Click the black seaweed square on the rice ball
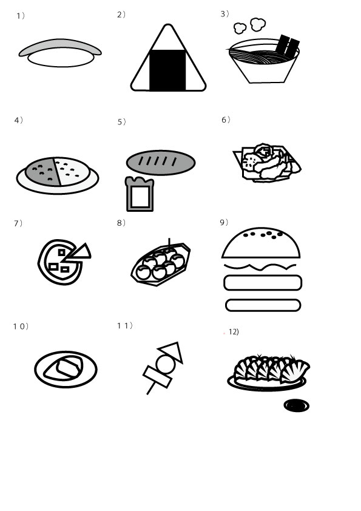[167, 70]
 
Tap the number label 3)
[225, 14]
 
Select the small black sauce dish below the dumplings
[297, 405]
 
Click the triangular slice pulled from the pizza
[79, 252]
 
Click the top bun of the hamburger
[261, 243]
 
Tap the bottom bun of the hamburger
[263, 305]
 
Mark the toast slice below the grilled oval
[140, 194]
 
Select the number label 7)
[18, 223]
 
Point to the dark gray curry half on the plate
[43, 171]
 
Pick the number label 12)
[234, 332]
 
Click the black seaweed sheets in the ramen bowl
[288, 46]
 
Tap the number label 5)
[121, 122]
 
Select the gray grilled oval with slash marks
[161, 162]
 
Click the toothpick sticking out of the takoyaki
[169, 243]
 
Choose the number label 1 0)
[21, 327]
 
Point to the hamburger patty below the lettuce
[263, 283]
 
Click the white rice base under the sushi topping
[61, 59]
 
